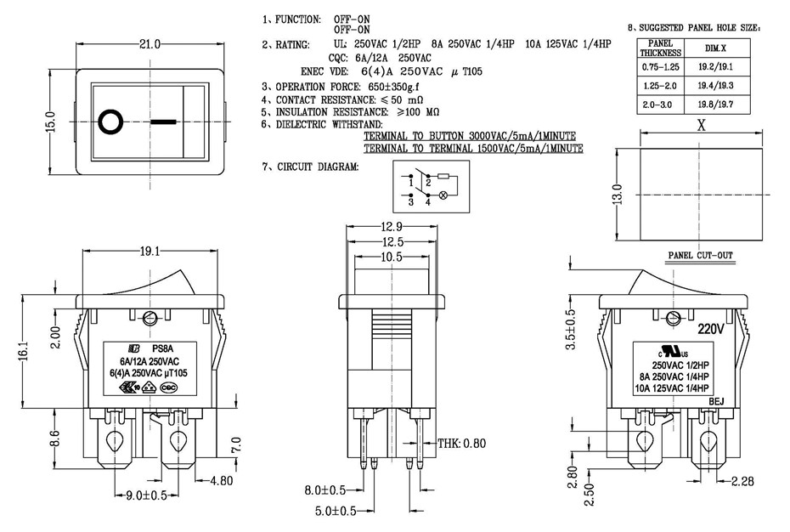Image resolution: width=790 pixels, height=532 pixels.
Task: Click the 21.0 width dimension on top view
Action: [x=150, y=44]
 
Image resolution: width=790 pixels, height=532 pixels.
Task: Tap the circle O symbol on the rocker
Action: [x=110, y=122]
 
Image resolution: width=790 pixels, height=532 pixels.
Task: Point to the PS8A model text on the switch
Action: [x=162, y=347]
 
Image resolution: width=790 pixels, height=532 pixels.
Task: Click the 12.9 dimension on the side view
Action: [x=392, y=228]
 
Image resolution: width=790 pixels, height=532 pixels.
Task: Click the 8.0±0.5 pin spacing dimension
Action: [x=326, y=490]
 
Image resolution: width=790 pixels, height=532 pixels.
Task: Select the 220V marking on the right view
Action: [x=713, y=328]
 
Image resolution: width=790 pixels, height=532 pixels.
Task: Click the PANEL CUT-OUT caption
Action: [x=701, y=255]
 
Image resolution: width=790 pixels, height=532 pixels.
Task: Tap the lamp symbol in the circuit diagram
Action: [x=442, y=195]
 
